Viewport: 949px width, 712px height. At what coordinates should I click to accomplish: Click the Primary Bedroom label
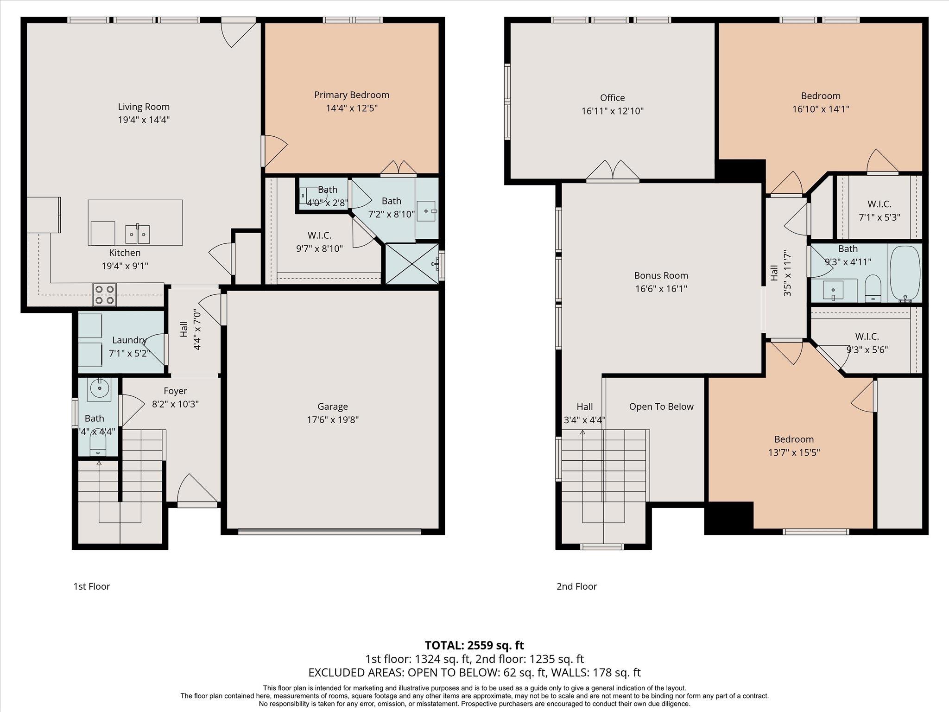(352, 95)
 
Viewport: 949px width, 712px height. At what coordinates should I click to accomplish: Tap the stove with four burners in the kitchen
(104, 294)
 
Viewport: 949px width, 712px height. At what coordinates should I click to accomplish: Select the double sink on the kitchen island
(138, 234)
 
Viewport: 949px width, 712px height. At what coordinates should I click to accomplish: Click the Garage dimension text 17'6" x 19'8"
(333, 420)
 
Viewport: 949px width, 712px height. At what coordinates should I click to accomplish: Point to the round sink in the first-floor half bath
(98, 388)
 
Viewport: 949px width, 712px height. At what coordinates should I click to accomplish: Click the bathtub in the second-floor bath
(905, 274)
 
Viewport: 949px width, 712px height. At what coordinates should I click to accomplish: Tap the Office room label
(613, 98)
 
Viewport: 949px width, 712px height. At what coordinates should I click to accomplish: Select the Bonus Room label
(661, 275)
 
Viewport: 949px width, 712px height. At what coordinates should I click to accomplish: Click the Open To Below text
(661, 407)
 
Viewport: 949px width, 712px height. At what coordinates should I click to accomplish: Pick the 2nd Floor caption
(576, 586)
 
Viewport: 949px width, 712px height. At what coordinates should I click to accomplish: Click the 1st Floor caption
(92, 586)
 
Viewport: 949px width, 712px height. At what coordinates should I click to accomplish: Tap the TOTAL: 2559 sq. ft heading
(474, 645)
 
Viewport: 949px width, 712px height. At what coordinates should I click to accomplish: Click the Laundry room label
(129, 340)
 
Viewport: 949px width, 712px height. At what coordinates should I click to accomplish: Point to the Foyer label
(175, 391)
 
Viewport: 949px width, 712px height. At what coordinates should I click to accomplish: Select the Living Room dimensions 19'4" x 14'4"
(144, 120)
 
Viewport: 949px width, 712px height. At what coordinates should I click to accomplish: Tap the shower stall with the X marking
(411, 263)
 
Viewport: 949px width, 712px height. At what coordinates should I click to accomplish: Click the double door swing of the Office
(613, 170)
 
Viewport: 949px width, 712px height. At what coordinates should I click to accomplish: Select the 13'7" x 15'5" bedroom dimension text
(794, 452)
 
